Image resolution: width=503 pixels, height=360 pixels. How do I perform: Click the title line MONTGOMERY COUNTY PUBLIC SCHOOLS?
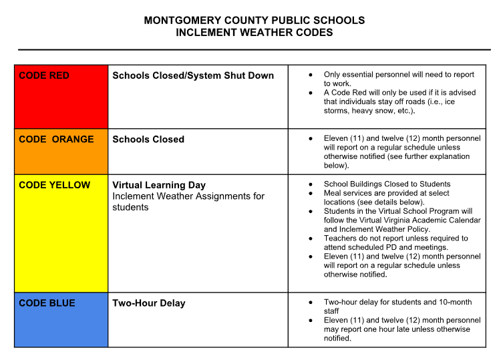(255, 21)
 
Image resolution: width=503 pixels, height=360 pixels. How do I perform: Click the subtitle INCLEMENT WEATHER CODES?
(255, 32)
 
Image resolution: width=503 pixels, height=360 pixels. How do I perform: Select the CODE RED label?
(44, 75)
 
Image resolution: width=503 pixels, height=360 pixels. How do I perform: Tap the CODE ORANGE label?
(56, 139)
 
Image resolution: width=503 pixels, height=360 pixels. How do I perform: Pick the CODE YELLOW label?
(54, 185)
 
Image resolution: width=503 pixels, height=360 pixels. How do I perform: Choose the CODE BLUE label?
(47, 303)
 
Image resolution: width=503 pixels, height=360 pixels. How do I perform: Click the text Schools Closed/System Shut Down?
(193, 75)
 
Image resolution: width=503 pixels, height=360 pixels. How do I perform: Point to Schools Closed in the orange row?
(148, 139)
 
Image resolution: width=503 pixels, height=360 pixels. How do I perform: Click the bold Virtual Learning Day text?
(159, 185)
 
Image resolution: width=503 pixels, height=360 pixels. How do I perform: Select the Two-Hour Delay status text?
(149, 303)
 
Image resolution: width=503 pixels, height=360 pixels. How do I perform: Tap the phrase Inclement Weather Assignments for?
(188, 196)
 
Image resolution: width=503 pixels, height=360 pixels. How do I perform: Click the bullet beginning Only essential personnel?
(398, 75)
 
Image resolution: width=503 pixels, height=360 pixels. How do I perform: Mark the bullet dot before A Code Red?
(311, 93)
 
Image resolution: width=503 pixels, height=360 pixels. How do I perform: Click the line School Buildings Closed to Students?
(387, 184)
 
